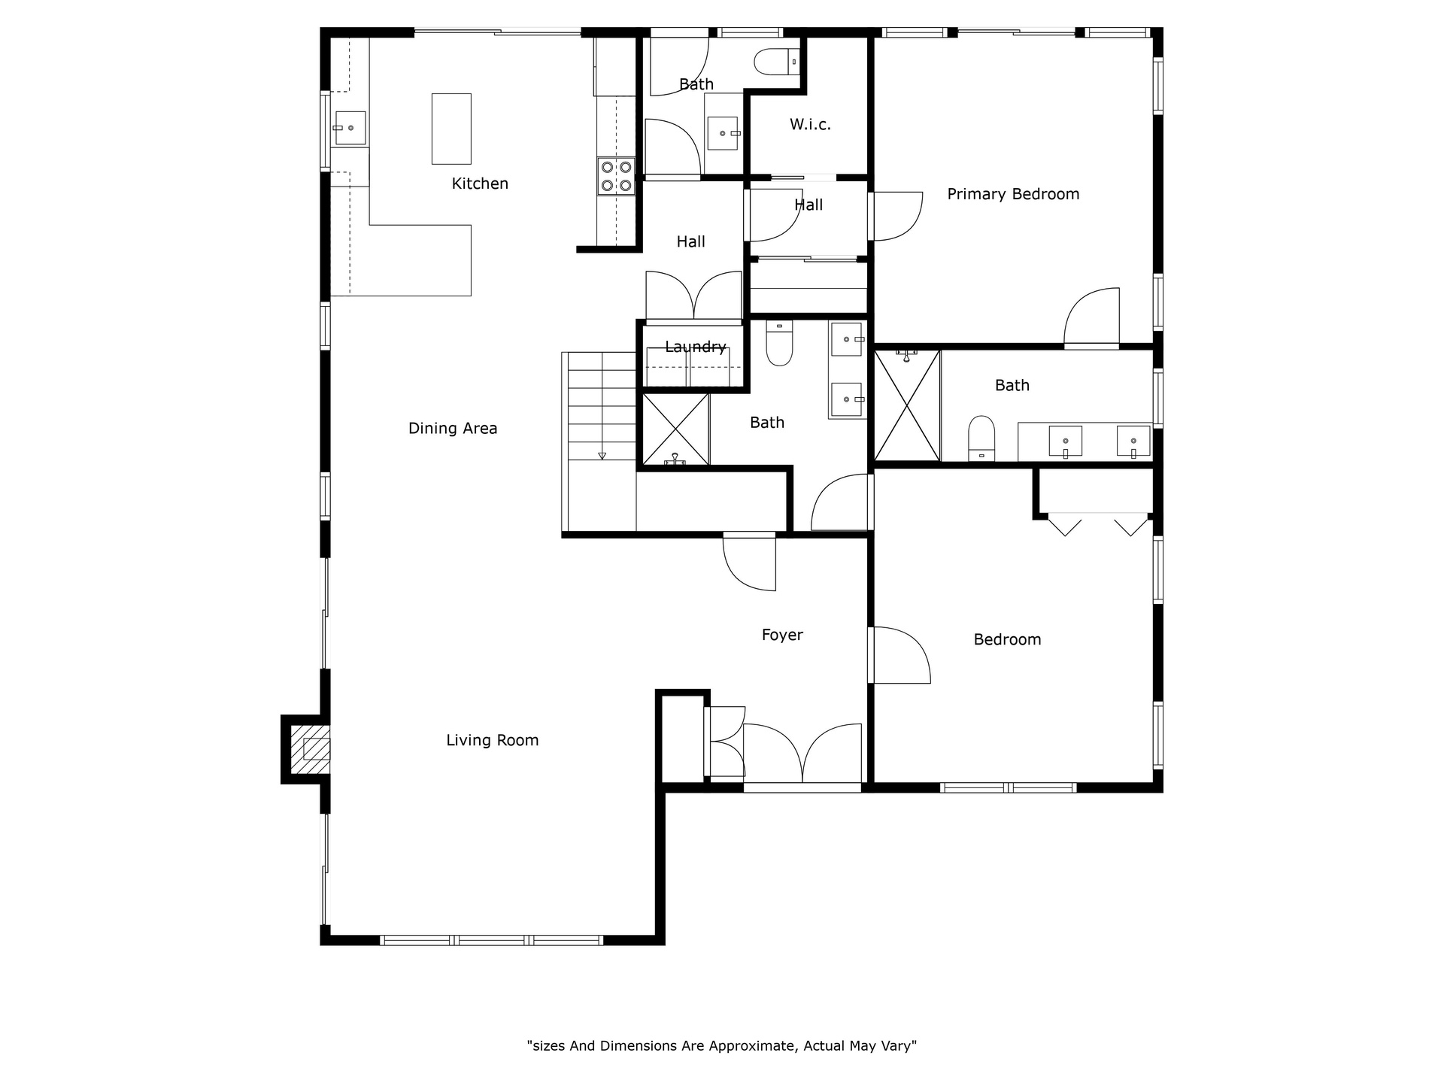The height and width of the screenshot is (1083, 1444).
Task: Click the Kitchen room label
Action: [x=480, y=184]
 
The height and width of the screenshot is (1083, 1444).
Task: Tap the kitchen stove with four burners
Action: [x=616, y=176]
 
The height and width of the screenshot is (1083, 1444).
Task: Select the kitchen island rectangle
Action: [x=451, y=129]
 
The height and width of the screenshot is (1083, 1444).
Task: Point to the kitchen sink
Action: [x=350, y=128]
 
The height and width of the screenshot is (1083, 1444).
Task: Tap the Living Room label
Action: [x=493, y=740]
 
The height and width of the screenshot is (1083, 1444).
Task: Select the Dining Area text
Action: [x=453, y=429]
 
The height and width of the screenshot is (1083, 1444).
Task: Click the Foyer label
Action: [x=782, y=636]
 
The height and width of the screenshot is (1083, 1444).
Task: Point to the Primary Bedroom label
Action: [x=1013, y=194]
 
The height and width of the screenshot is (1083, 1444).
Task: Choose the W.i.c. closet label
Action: [x=810, y=125]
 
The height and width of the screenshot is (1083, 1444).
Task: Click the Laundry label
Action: [x=696, y=347]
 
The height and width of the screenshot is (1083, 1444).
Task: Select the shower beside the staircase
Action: [x=676, y=429]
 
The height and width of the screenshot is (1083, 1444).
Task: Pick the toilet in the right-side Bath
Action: [x=981, y=438]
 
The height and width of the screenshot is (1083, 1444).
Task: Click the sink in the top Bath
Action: [x=724, y=133]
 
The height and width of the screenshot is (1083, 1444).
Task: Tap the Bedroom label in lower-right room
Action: [x=1007, y=640]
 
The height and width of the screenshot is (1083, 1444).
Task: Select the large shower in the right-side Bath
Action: [x=908, y=405]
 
